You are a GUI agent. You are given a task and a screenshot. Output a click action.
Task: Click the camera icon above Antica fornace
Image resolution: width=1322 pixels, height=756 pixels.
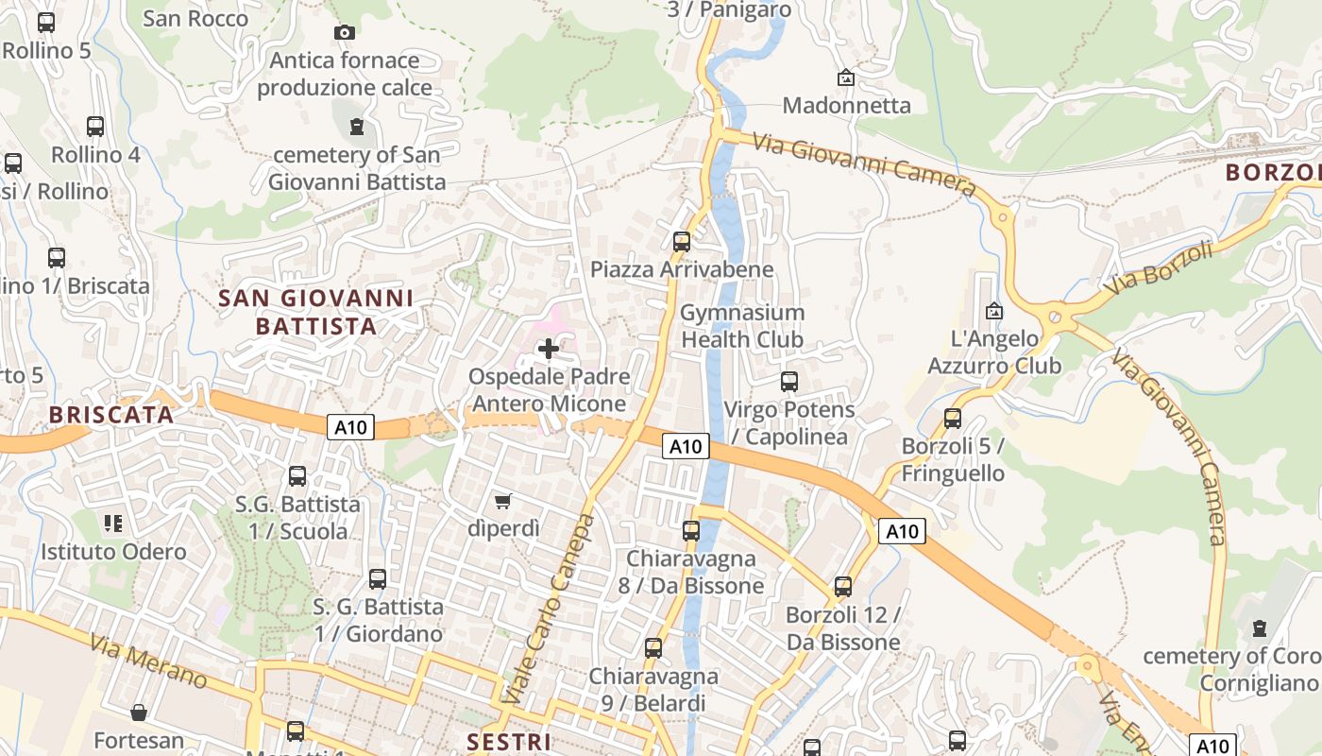coord(345,33)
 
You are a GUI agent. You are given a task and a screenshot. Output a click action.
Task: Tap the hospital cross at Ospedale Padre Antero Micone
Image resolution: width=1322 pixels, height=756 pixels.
coord(548,349)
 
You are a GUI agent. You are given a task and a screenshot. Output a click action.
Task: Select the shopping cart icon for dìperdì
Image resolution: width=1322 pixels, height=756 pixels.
coord(503,501)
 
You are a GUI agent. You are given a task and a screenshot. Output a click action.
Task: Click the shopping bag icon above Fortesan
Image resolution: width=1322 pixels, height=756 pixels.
coord(139,713)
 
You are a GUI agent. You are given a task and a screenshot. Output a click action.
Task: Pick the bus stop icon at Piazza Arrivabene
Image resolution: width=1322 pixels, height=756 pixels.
coord(682,242)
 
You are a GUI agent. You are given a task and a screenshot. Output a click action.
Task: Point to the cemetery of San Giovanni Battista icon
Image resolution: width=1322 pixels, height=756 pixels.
coord(356,126)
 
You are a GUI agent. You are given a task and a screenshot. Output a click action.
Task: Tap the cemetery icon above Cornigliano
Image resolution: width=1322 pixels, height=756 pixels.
coord(1259,627)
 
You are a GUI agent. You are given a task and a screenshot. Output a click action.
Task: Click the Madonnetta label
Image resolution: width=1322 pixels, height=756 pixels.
coord(847,105)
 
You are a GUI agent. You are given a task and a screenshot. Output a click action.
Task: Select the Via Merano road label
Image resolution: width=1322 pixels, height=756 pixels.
coord(150,661)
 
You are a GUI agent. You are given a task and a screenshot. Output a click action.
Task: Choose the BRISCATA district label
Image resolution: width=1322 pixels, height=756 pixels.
coord(111,415)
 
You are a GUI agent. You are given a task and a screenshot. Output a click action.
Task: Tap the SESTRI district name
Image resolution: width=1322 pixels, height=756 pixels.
coord(509,741)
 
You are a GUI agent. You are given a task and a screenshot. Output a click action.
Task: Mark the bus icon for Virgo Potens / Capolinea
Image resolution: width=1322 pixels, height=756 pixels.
coord(789,382)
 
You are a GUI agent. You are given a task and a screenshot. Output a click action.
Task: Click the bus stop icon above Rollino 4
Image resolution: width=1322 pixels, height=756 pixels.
coord(95,127)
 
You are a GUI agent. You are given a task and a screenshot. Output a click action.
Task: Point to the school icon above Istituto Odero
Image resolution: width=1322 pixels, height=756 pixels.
coord(113,523)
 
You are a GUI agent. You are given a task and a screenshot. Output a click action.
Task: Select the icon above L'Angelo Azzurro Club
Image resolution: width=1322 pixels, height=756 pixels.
coord(993,310)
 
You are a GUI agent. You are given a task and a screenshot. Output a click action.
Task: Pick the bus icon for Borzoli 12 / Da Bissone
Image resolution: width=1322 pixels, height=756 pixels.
coord(843,587)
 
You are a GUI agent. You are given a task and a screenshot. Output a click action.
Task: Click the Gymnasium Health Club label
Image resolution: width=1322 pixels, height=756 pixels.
coord(742,326)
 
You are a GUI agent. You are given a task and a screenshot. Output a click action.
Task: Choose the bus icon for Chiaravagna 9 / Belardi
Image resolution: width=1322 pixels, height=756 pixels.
coord(653,648)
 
